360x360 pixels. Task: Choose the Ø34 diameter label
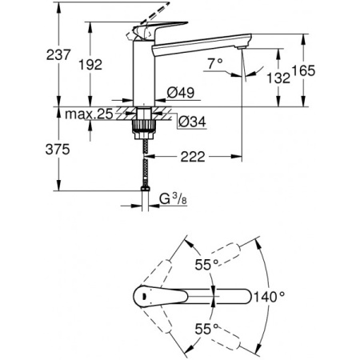186,122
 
